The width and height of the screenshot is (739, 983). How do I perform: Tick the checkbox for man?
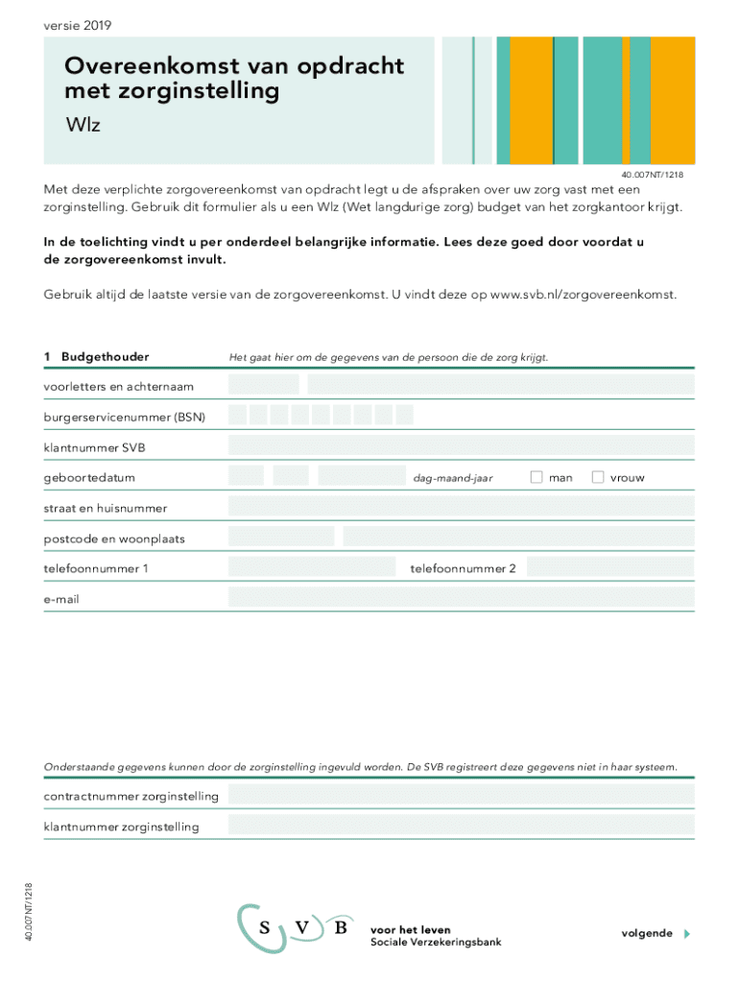(536, 477)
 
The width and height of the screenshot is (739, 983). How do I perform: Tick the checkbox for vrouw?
(598, 477)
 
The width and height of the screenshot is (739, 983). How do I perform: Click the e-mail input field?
(461, 598)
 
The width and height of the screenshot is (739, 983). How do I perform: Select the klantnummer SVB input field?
(461, 445)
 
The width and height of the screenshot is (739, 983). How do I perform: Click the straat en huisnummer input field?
(461, 507)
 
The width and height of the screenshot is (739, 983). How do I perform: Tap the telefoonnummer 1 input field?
(312, 567)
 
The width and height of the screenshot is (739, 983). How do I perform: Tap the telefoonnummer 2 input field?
(609, 567)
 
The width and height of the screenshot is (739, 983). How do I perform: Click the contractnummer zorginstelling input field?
(461, 795)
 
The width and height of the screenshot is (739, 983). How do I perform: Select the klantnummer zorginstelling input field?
(461, 826)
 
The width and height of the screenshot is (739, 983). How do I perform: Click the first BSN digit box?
(238, 416)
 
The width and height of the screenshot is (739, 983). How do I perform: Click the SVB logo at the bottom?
(296, 928)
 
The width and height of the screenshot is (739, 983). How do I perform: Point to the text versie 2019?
(77, 25)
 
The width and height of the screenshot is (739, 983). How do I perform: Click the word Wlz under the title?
(83, 125)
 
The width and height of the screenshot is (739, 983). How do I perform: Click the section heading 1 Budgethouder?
(96, 357)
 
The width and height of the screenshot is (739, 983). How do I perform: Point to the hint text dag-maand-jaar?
(452, 478)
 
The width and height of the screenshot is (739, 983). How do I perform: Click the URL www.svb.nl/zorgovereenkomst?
(583, 295)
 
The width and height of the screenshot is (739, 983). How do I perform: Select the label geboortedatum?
(89, 477)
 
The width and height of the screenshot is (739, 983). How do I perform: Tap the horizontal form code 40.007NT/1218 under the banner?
(652, 175)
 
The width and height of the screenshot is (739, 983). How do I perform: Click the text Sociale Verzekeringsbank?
(436, 942)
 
